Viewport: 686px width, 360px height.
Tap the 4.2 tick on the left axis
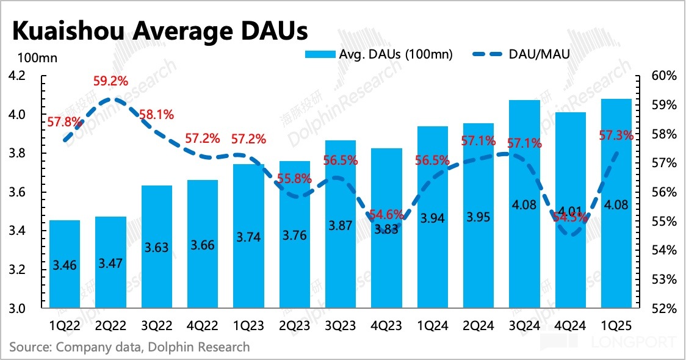[18, 76]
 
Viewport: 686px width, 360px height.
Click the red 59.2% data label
[110, 81]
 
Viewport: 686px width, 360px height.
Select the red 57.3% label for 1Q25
[615, 135]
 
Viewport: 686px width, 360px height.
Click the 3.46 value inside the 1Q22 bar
[65, 265]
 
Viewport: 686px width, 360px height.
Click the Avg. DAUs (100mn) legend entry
[379, 54]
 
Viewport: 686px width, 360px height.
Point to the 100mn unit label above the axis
[37, 59]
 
